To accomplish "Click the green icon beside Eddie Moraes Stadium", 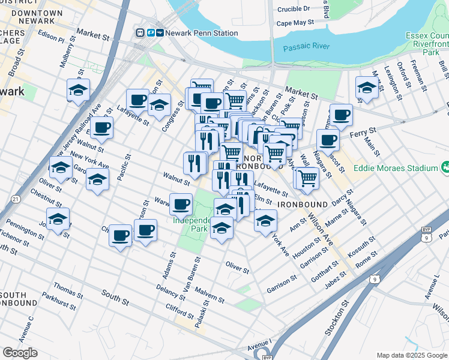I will [445, 167].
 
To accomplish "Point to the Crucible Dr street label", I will [291, 8].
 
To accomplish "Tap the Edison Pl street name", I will [52, 38].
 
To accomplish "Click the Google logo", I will [20, 353].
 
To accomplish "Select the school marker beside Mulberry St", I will [78, 90].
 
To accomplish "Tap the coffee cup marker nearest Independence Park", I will [181, 205].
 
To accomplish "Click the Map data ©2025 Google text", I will [411, 355].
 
